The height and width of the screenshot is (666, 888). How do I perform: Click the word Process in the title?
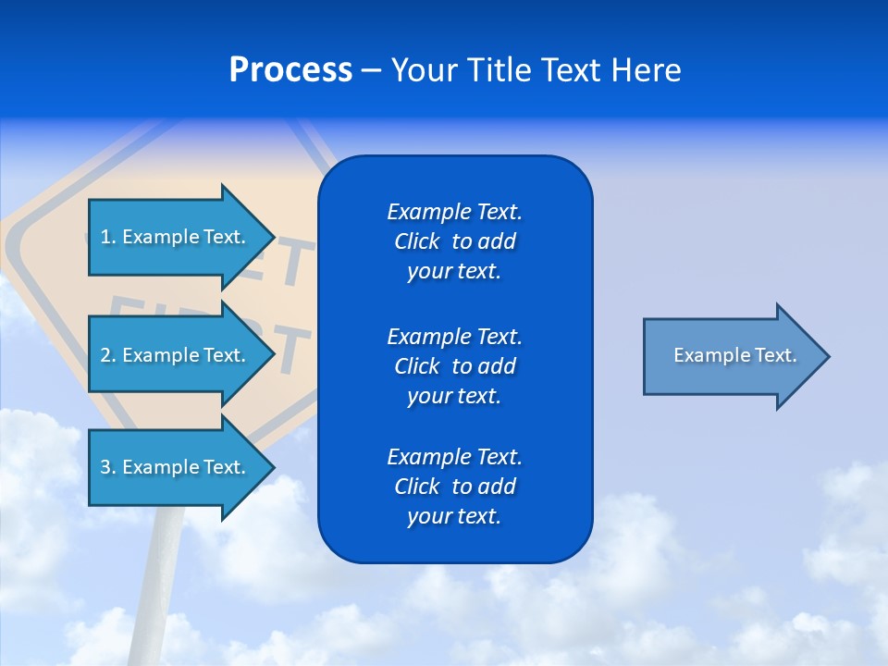[x=290, y=70]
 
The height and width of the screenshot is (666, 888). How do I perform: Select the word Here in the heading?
[x=646, y=70]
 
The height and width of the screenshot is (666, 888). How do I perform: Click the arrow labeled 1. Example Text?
[x=173, y=237]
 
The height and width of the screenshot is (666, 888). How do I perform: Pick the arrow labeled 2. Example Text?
[x=173, y=355]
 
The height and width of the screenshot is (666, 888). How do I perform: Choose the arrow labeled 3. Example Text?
[x=173, y=467]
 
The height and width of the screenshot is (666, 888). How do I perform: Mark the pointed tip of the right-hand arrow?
[x=826, y=356]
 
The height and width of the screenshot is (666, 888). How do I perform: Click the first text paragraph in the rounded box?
[x=454, y=241]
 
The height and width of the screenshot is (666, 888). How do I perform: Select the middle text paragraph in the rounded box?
[x=454, y=365]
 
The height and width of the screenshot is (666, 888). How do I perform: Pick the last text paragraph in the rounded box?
[x=454, y=487]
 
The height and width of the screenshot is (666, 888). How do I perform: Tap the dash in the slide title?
[x=372, y=70]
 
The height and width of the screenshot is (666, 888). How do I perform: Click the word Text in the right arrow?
[x=777, y=355]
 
